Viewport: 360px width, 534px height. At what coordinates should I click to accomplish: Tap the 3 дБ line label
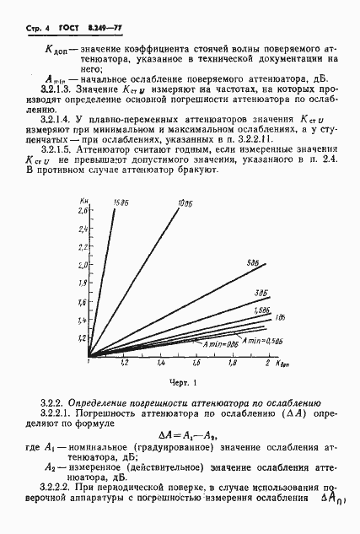(261, 292)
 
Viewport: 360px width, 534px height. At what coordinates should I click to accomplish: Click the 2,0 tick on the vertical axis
(83, 265)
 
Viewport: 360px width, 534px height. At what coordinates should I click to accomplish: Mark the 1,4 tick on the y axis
(83, 321)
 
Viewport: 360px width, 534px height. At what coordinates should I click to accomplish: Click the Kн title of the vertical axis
(84, 198)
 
